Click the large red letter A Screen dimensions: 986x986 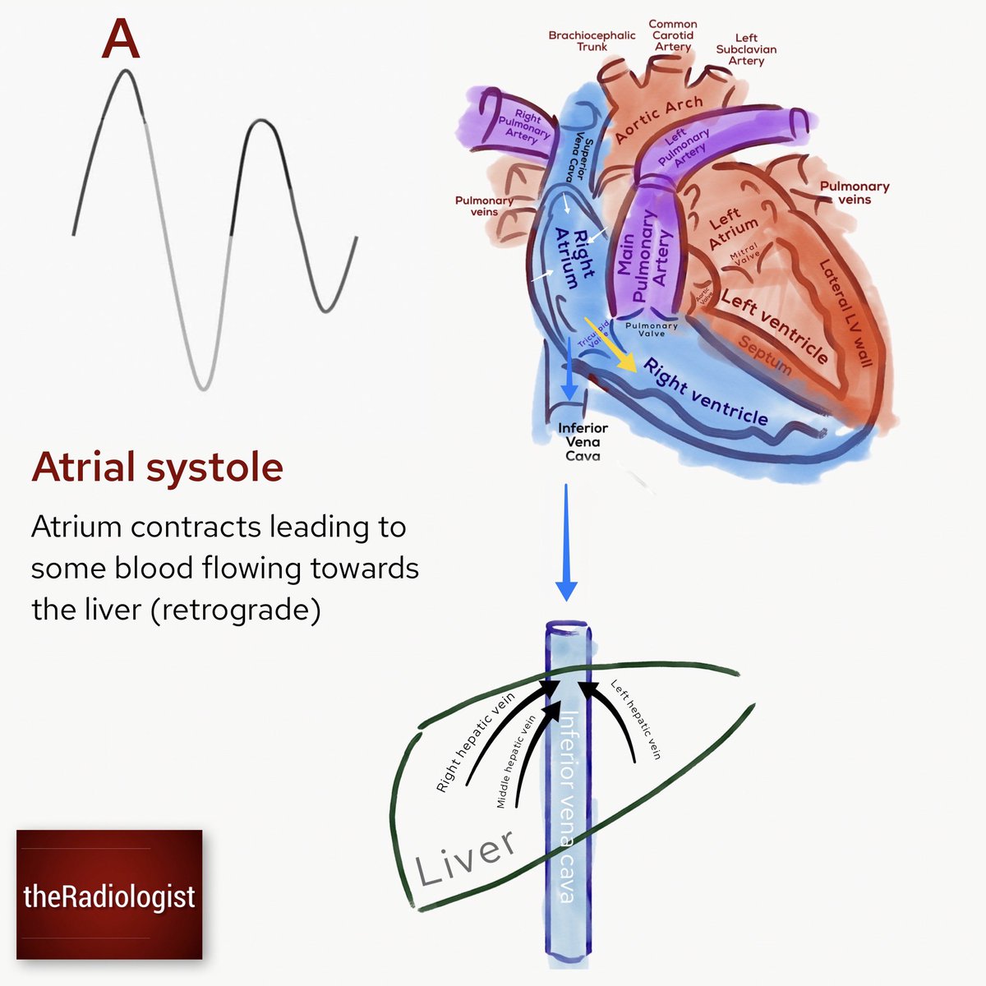pos(120,40)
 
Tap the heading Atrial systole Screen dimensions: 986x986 pos(157,468)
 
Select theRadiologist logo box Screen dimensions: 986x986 pos(109,895)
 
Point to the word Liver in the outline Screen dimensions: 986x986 pos(466,857)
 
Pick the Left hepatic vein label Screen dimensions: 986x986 pos(635,719)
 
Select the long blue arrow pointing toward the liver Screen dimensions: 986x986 pos(566,542)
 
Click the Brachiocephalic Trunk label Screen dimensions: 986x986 pos(592,41)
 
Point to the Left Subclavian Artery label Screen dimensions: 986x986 pos(746,49)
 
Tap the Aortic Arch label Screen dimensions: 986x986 pos(659,119)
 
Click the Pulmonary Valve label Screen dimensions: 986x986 pos(652,329)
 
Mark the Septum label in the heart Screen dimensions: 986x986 pos(764,355)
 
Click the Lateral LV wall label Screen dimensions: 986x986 pos(845,313)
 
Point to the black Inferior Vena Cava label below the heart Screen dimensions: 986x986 pos(583,442)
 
